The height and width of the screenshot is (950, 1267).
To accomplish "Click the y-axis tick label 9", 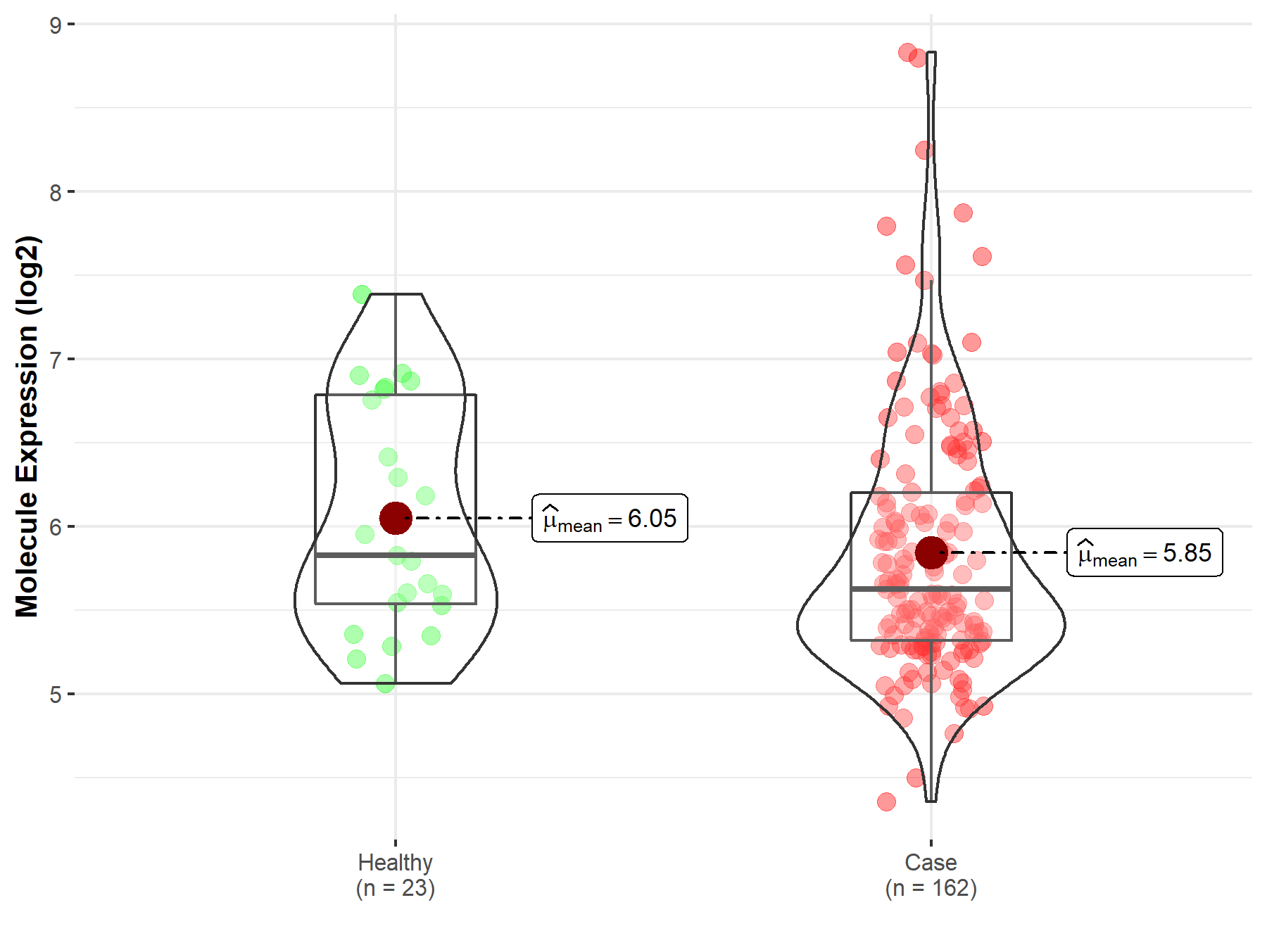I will click(56, 25).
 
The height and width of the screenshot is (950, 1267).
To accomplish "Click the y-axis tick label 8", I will click(56, 192).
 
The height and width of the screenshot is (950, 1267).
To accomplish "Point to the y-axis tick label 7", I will click(56, 360).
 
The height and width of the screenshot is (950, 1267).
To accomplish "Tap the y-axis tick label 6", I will click(56, 527).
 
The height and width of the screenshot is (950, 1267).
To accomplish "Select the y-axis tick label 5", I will click(56, 695).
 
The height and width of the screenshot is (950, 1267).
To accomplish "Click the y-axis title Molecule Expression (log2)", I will click(27, 426).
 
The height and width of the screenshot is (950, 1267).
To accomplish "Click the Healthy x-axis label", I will click(395, 862).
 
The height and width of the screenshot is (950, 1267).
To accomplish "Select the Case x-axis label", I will click(931, 862).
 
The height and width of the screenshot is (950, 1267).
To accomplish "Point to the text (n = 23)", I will click(395, 888).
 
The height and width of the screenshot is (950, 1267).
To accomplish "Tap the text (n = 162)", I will click(931, 888).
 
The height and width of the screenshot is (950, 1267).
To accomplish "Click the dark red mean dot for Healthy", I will click(396, 518).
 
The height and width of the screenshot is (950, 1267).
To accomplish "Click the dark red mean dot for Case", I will click(931, 552).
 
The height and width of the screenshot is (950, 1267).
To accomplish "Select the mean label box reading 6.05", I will click(610, 519).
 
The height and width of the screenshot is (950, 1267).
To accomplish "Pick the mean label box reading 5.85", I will click(1145, 553).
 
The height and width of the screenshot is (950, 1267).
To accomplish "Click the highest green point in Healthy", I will click(362, 295).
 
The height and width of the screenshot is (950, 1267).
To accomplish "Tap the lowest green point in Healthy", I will click(385, 683).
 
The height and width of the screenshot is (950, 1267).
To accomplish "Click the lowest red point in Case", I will click(886, 802).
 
